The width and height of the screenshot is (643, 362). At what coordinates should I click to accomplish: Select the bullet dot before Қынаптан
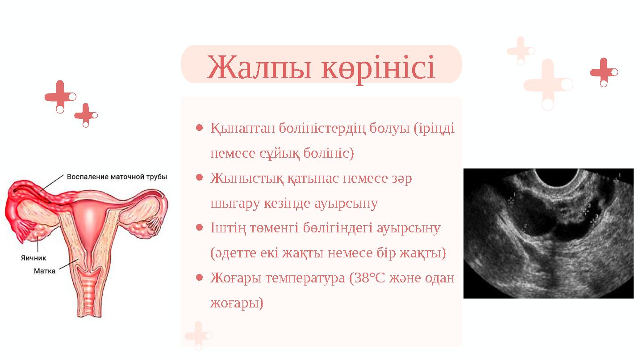click(x=200, y=128)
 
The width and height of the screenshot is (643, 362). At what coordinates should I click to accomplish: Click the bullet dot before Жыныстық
click(x=200, y=178)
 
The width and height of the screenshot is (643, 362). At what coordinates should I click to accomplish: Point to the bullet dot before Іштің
click(x=200, y=228)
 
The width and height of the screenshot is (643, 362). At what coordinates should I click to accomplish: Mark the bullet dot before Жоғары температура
click(x=200, y=278)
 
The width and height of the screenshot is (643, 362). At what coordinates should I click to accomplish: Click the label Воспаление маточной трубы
click(x=117, y=177)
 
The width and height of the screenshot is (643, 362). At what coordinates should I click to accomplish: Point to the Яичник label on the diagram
click(x=33, y=258)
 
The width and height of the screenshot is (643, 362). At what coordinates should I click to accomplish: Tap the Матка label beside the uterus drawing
click(x=45, y=271)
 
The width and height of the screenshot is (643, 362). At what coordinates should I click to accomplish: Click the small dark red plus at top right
click(x=603, y=72)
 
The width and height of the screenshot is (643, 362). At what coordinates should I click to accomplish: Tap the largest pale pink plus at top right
click(x=547, y=84)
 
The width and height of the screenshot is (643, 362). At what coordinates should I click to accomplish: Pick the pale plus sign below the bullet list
click(x=198, y=334)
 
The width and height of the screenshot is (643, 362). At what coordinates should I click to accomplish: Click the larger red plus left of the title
click(x=59, y=96)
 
